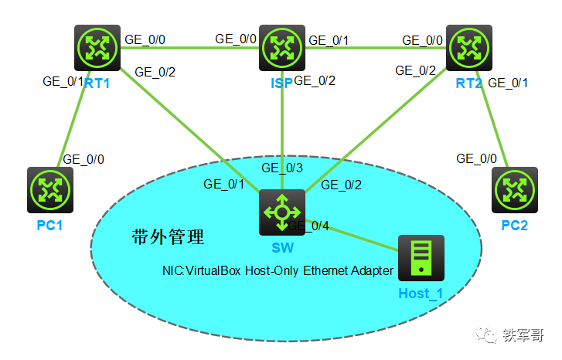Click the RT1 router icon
click(x=97, y=48)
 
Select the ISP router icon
click(x=281, y=48)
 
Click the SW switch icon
click(x=281, y=212)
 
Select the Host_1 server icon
click(x=421, y=258)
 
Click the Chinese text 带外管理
click(x=168, y=237)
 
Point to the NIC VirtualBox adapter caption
click(x=277, y=271)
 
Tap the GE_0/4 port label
click(x=309, y=226)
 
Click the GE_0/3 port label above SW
click(x=282, y=168)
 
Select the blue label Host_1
click(x=421, y=294)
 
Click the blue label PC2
click(x=514, y=226)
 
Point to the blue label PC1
click(x=49, y=226)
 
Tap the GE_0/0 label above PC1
click(x=83, y=159)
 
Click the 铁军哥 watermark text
click(x=523, y=335)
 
